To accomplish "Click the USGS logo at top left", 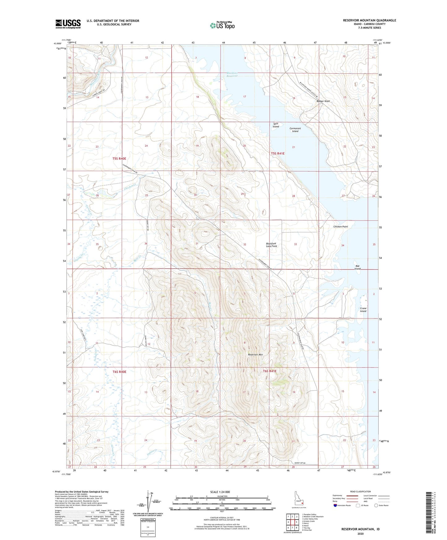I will pyautogui.click(x=68, y=24).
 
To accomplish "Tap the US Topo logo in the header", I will pyautogui.click(x=222, y=25).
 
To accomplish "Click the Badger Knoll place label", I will pyautogui.click(x=323, y=101).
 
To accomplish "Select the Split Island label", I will pyautogui.click(x=276, y=125).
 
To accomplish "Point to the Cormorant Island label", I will pyautogui.click(x=295, y=130).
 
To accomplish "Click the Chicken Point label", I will pyautogui.click(x=341, y=226).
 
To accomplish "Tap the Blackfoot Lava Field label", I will pyautogui.click(x=272, y=245).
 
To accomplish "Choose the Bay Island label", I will pyautogui.click(x=358, y=267).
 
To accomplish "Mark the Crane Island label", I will pyautogui.click(x=363, y=310).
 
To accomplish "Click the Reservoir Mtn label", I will pyautogui.click(x=256, y=354).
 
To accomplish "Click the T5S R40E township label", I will pyautogui.click(x=119, y=158).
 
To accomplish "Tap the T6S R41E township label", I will pyautogui.click(x=269, y=371).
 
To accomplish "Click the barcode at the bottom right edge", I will pyautogui.click(x=428, y=514).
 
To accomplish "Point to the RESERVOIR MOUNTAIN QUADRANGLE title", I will pyautogui.click(x=369, y=20).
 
